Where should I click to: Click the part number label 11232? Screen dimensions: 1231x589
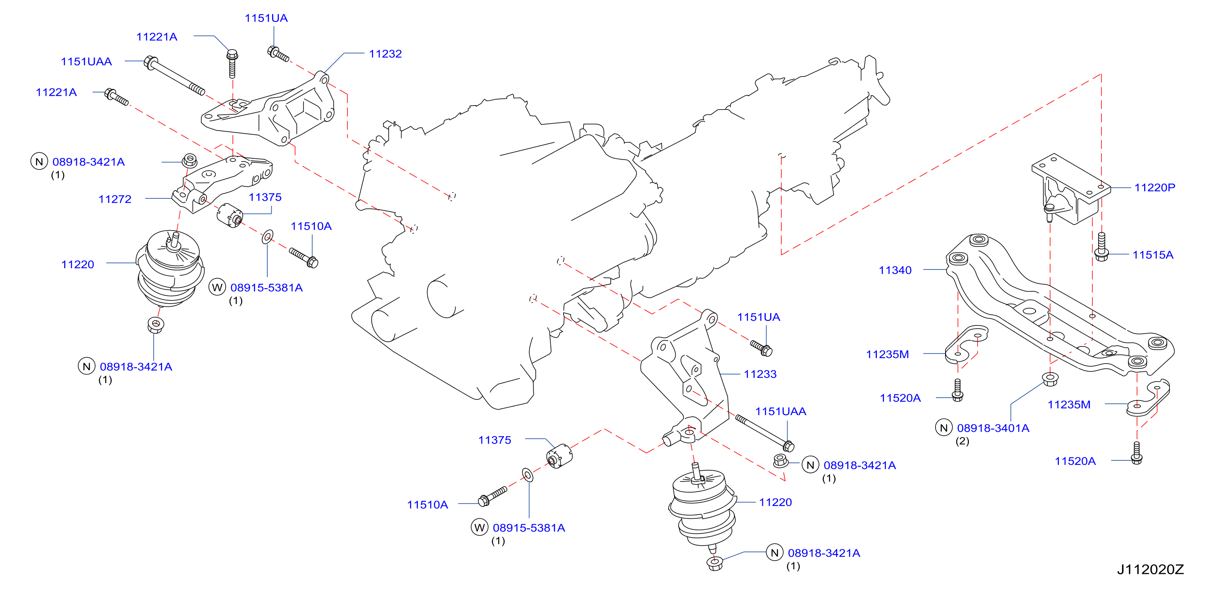(x=385, y=54)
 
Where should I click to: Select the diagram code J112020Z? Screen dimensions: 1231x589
(x=1150, y=570)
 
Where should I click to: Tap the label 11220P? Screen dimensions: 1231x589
(x=1154, y=187)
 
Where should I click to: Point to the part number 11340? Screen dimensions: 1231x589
(x=895, y=270)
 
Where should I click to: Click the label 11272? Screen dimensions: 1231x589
(x=115, y=199)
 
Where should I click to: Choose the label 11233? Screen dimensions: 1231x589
(x=760, y=374)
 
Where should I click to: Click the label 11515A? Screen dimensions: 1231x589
(x=1152, y=255)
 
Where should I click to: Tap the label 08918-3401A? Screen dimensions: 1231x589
(x=993, y=428)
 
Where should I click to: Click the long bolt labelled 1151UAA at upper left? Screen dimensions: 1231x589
(x=174, y=76)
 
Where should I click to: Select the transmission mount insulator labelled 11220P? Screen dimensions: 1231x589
(x=1070, y=189)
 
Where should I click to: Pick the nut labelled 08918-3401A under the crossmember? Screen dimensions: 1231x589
(x=1049, y=379)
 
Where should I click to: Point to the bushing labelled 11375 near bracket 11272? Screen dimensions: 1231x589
(x=230, y=215)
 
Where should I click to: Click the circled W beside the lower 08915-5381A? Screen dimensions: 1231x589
(x=479, y=527)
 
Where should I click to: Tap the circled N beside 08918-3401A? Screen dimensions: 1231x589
(x=944, y=427)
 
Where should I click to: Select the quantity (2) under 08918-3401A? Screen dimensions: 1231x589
(x=963, y=441)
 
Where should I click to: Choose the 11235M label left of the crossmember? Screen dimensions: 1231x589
(x=888, y=355)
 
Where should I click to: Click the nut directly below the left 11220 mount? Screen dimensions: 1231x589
(x=155, y=325)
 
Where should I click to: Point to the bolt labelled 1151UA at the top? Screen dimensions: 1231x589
(x=278, y=54)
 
